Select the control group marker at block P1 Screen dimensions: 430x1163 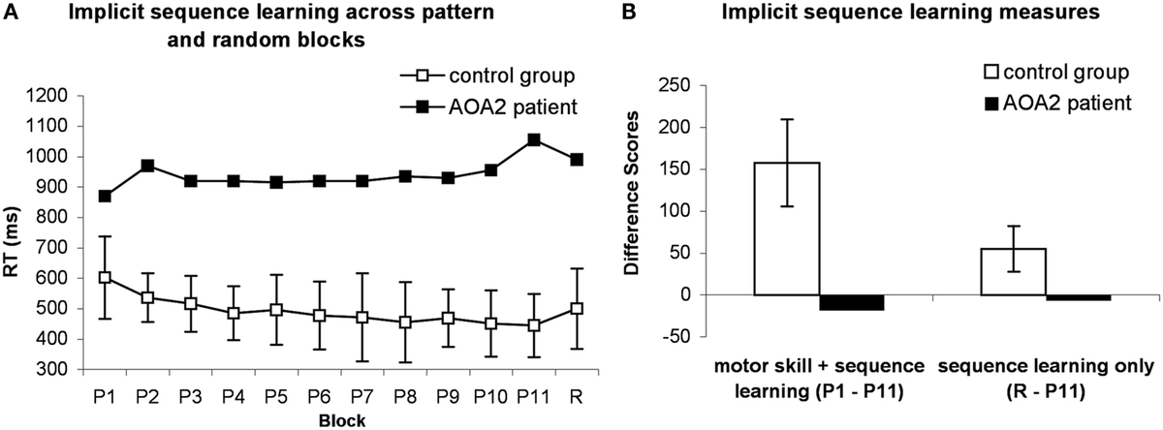(104, 277)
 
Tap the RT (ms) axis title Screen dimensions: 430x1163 (14, 232)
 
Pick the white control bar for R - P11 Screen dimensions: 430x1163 (1014, 271)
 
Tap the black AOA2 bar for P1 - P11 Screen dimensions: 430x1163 (852, 302)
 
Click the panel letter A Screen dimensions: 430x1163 (8, 13)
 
